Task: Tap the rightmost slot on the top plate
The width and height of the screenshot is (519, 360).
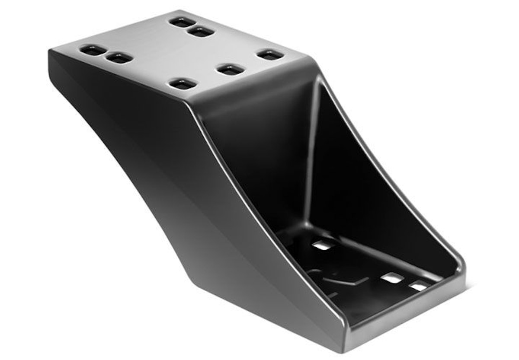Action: (x=270, y=55)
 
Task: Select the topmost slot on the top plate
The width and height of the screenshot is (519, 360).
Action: (x=182, y=22)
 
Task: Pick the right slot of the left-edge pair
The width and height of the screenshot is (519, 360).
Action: (x=120, y=58)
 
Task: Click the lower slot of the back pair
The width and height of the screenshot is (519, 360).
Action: (x=202, y=32)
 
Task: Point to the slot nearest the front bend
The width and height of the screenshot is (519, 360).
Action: (x=183, y=84)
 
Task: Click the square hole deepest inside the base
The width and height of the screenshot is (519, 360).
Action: (x=324, y=245)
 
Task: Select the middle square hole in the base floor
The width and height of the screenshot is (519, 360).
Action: (x=392, y=279)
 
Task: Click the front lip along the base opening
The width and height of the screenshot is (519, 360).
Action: (x=407, y=311)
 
